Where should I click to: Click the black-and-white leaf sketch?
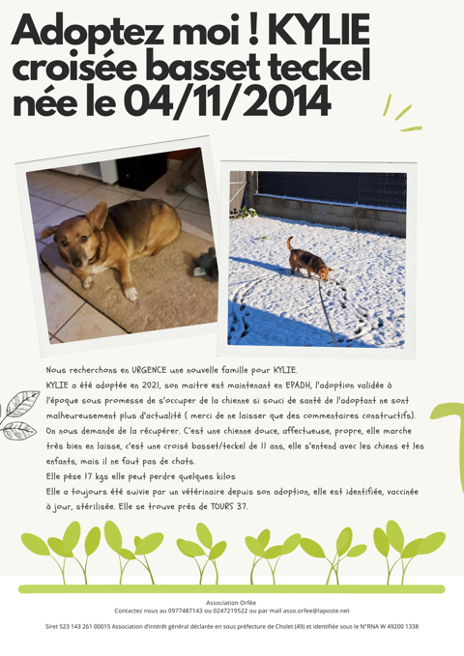point(19,415)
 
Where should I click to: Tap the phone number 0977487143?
point(184,611)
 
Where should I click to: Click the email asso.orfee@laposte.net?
point(316,611)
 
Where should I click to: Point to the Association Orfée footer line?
point(231,602)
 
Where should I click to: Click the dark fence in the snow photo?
point(329,189)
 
